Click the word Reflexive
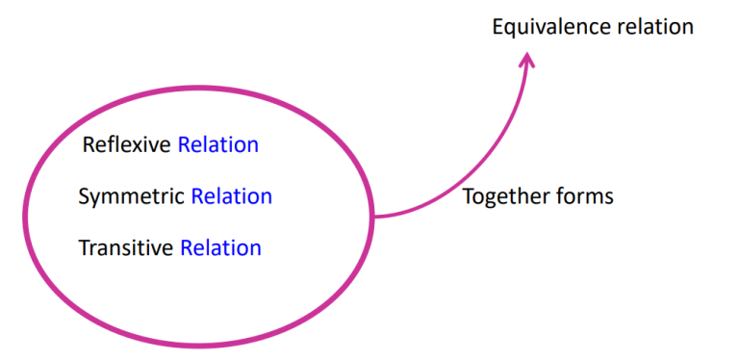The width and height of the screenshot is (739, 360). (127, 145)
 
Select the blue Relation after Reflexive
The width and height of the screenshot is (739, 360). (218, 145)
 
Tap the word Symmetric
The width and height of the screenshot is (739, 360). (131, 197)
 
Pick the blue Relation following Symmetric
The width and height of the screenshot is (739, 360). (231, 197)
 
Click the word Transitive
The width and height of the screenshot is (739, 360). (126, 248)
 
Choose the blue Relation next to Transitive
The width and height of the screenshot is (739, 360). (220, 248)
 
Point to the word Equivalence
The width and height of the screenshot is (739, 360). (551, 27)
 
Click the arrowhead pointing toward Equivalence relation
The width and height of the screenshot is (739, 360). (526, 60)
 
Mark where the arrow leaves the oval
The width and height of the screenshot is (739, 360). (373, 217)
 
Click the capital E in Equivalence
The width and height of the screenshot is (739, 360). (497, 27)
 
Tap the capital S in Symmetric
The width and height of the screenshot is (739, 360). (84, 197)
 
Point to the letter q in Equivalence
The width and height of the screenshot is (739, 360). (511, 30)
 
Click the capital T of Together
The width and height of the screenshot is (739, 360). (468, 197)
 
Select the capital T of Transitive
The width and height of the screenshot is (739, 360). (84, 248)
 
